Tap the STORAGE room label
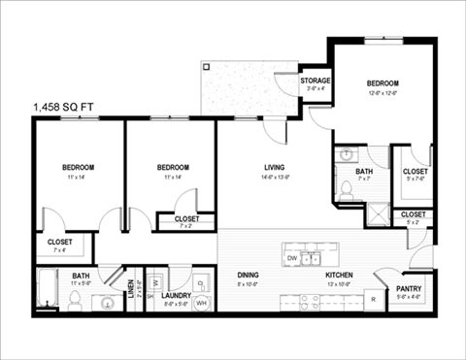(316, 81)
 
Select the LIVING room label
(274, 168)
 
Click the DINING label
(249, 276)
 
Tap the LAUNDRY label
(176, 295)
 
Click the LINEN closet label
(131, 288)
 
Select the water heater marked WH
(202, 303)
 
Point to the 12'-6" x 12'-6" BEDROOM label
(383, 83)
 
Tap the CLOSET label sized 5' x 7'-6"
(416, 172)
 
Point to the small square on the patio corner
(206, 67)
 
